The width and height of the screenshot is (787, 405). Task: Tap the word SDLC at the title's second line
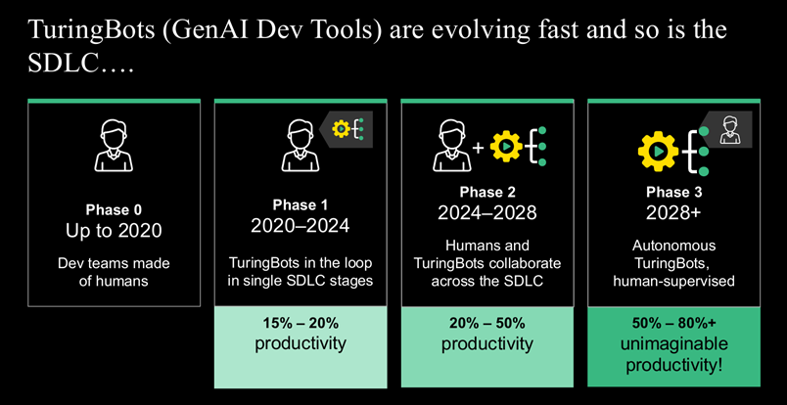pyautogui.click(x=62, y=64)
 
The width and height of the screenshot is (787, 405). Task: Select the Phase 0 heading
pyautogui.click(x=114, y=209)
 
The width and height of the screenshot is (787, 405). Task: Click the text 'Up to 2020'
pyautogui.click(x=114, y=230)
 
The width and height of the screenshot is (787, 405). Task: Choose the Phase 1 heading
pyautogui.click(x=301, y=204)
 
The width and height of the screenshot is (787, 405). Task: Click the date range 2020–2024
pyautogui.click(x=301, y=226)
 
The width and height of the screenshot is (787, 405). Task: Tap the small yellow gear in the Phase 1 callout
pyautogui.click(x=341, y=129)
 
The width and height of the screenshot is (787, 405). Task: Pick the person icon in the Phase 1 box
pyautogui.click(x=301, y=146)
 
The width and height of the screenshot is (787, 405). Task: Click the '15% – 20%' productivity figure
pyautogui.click(x=301, y=323)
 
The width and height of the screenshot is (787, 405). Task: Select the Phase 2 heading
pyautogui.click(x=487, y=192)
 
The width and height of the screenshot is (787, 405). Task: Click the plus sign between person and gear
pyautogui.click(x=479, y=148)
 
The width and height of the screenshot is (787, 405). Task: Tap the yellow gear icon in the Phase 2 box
pyautogui.click(x=506, y=146)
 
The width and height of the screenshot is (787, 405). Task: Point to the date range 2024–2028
pyautogui.click(x=487, y=213)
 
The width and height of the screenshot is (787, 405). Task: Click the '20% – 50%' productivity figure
pyautogui.click(x=487, y=323)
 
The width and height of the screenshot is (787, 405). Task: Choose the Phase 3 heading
pyautogui.click(x=674, y=192)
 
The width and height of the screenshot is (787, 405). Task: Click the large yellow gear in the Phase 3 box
pyautogui.click(x=658, y=151)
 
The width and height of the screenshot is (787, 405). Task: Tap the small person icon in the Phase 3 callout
pyautogui.click(x=730, y=129)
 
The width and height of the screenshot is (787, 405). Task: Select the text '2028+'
pyautogui.click(x=673, y=213)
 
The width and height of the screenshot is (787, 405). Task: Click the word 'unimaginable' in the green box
pyautogui.click(x=674, y=344)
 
